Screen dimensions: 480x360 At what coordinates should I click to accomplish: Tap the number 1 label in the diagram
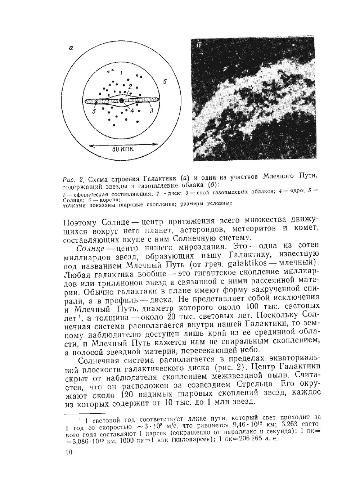[x=121, y=73]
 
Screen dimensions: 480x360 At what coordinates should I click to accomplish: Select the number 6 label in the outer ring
[x=165, y=82]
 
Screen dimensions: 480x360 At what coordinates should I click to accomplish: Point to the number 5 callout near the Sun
[x=94, y=112]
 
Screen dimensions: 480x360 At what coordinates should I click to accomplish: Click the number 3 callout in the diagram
[x=152, y=111]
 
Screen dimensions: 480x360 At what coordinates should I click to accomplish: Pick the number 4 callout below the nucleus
[x=132, y=111]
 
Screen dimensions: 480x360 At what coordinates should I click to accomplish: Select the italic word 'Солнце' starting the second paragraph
[x=90, y=248]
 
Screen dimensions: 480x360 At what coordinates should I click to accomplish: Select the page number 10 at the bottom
[x=68, y=452]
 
